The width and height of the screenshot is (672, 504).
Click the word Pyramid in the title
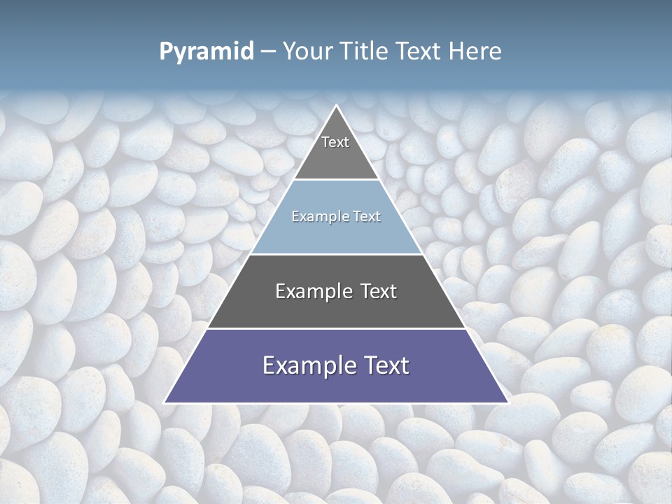pyautogui.click(x=206, y=52)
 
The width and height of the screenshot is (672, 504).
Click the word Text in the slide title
pyautogui.click(x=421, y=52)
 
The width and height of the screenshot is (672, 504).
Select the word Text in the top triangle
pyautogui.click(x=335, y=142)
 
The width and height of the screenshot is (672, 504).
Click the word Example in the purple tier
pyautogui.click(x=305, y=365)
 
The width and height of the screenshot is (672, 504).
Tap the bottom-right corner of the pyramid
pyautogui.click(x=508, y=402)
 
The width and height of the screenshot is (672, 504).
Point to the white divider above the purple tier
pyautogui.click(x=337, y=328)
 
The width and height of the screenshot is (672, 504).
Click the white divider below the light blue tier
pyautogui.click(x=337, y=254)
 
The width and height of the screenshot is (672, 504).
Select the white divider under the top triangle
pyautogui.click(x=337, y=180)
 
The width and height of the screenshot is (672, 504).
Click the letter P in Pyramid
pyautogui.click(x=165, y=52)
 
